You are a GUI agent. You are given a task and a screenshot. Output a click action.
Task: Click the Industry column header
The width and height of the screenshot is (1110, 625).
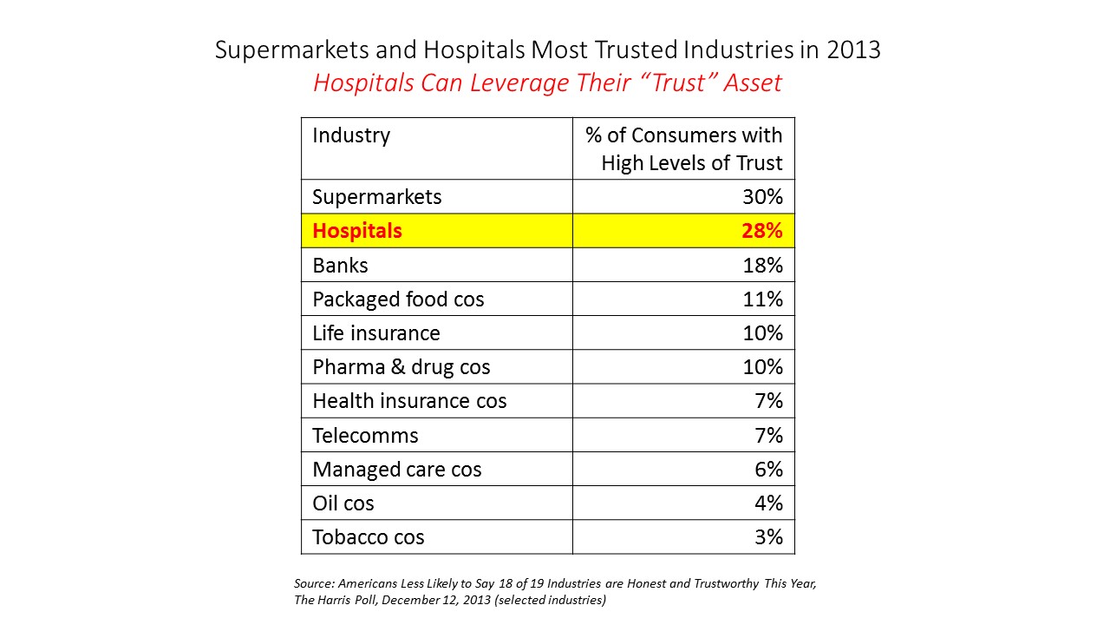click(x=351, y=135)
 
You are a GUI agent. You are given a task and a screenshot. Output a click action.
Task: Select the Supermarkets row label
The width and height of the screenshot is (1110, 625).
click(x=377, y=197)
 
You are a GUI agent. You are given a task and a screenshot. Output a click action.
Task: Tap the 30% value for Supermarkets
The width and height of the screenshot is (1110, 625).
click(x=763, y=197)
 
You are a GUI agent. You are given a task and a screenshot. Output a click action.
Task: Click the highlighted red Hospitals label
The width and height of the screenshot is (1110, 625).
click(x=357, y=231)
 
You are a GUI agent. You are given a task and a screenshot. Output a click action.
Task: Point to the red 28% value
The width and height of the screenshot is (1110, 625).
click(x=763, y=231)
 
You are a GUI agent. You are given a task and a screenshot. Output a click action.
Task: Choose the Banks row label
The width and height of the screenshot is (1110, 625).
click(x=340, y=265)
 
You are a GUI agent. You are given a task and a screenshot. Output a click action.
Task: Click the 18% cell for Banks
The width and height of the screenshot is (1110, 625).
click(x=763, y=265)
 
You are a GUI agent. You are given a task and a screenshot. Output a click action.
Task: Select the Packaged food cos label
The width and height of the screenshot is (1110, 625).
click(x=398, y=299)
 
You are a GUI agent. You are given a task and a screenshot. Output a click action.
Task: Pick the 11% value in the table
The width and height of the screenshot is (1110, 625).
click(x=763, y=299)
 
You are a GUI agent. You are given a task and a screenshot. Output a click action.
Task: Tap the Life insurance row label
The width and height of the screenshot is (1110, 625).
click(x=376, y=333)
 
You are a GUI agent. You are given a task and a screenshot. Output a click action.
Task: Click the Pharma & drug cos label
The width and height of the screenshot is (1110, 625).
click(x=402, y=367)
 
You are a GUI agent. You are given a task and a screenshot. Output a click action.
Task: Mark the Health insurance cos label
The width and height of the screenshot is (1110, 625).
click(x=409, y=401)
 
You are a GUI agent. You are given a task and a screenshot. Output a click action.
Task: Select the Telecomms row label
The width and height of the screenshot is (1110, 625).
click(x=365, y=436)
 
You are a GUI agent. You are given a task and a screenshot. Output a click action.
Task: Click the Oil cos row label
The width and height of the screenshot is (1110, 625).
click(x=343, y=503)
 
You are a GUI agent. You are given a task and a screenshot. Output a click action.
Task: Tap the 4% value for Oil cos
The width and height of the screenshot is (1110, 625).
click(x=768, y=503)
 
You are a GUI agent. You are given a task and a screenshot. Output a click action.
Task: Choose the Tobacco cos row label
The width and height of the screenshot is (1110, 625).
click(x=369, y=537)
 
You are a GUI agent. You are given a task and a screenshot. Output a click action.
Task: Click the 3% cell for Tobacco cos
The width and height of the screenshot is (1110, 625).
click(x=768, y=537)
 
